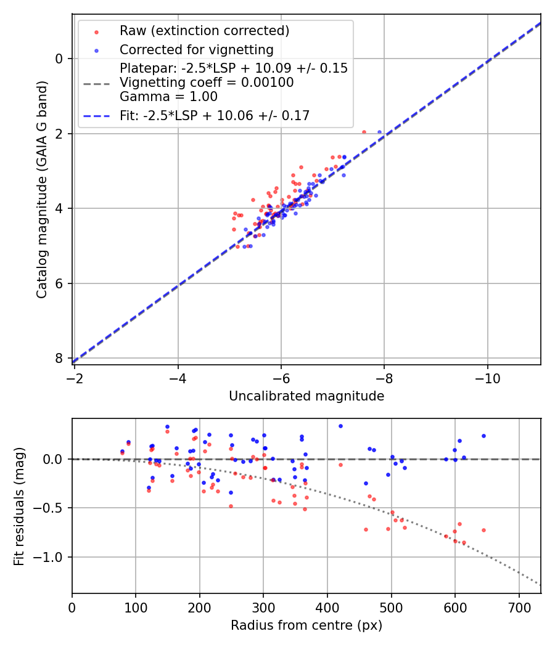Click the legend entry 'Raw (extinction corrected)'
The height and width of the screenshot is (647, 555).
[x=204, y=31]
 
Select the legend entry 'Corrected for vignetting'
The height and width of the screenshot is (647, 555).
[x=197, y=49]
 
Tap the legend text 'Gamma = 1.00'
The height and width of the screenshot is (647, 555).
[x=168, y=96]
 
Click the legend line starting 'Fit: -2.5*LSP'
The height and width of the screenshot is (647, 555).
[x=215, y=115]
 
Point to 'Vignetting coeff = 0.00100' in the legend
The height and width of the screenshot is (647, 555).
[x=207, y=83]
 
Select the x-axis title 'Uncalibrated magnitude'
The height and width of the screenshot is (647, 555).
[x=306, y=396]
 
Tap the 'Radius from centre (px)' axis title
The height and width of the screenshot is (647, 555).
[x=306, y=625]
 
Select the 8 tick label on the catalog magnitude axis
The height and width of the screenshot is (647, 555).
[x=59, y=359]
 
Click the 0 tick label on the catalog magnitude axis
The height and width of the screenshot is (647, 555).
[x=59, y=59]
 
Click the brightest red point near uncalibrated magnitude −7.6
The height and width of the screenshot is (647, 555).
[x=364, y=132]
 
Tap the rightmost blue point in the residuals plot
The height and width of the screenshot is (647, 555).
[x=483, y=436]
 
